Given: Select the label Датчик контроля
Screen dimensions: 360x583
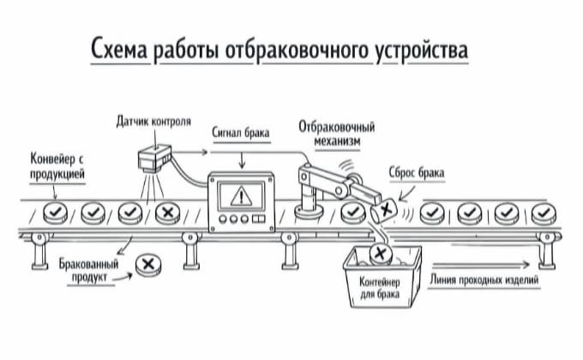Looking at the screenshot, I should pos(153,122).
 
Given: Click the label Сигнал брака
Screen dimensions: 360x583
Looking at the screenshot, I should pos(241,133).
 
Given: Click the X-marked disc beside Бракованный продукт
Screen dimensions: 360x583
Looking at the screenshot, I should pos(149,265).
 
